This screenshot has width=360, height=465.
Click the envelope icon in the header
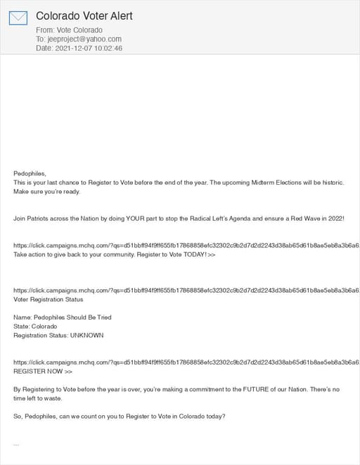[x=18, y=18]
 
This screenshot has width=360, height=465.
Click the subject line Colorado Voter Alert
[x=84, y=15]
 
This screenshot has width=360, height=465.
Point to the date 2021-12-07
[x=73, y=48]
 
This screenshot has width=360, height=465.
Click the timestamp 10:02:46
[x=108, y=48]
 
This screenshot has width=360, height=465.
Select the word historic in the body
[x=329, y=183]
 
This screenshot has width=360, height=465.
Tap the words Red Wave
[x=295, y=219]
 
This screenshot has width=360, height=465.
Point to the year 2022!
[x=333, y=219]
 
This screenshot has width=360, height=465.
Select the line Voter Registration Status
[x=49, y=299]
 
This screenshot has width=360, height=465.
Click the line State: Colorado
[x=35, y=327]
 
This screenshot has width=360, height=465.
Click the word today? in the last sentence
[x=210, y=417]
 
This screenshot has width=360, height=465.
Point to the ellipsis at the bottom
[x=16, y=445]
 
